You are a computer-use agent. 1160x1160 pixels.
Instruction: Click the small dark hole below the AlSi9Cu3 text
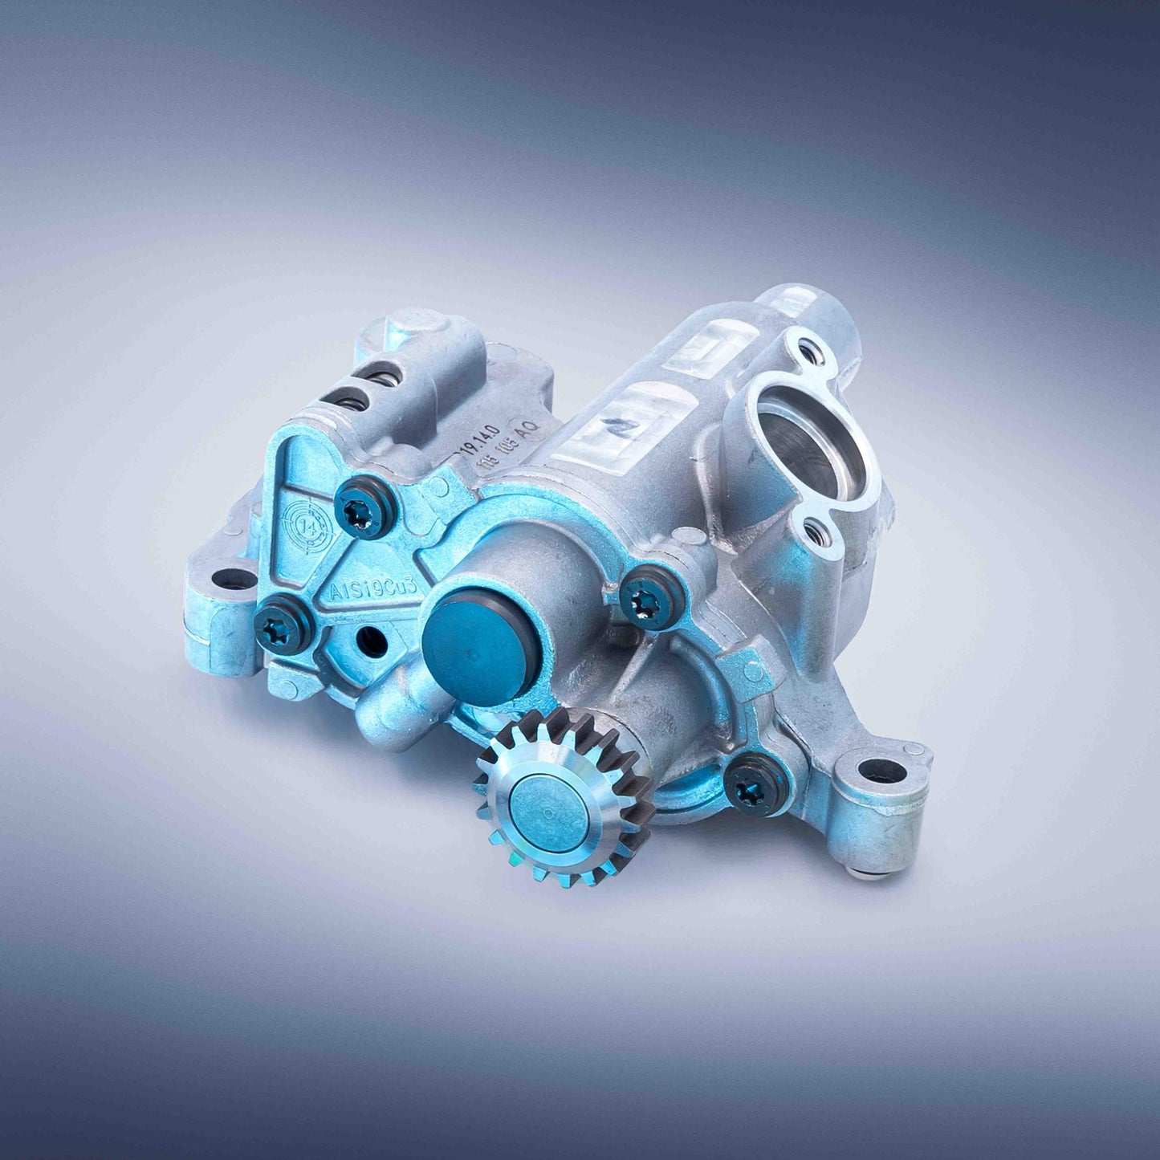click(370, 641)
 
